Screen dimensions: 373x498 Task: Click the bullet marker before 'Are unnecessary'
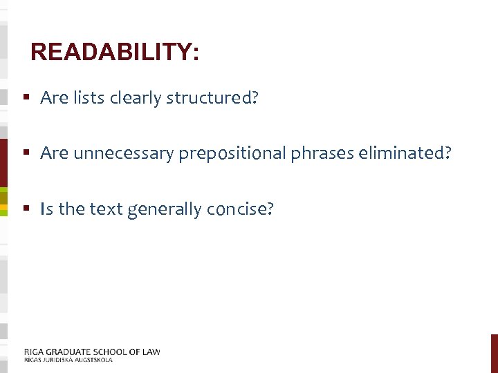pos(26,153)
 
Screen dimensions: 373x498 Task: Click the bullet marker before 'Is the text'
pos(26,208)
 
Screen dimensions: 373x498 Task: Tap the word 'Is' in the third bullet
pos(47,209)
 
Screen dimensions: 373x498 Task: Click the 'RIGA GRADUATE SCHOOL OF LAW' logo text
pos(92,352)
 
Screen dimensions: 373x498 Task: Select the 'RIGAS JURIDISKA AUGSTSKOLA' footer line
pos(68,360)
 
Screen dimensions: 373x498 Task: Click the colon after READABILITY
pos(196,54)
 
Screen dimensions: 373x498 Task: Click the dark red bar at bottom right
pos(494,353)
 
